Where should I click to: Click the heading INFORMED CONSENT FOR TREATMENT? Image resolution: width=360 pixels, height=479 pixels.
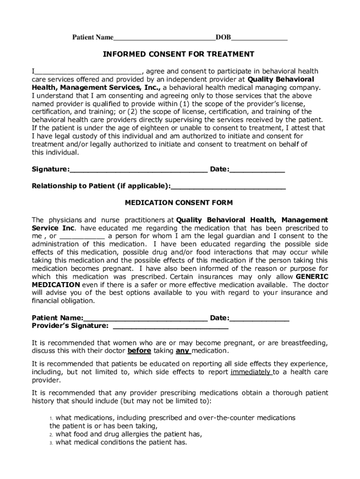(179, 54)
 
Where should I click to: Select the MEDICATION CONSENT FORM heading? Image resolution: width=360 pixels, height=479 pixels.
(179, 203)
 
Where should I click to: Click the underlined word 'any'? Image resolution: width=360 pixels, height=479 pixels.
(183, 351)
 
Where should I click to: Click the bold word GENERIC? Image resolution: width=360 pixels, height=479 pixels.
(312, 276)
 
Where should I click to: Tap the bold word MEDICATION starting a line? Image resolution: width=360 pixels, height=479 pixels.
(56, 285)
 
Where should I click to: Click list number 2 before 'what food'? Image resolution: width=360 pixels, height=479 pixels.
(51, 434)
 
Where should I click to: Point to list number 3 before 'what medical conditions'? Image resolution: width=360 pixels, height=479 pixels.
(51, 443)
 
